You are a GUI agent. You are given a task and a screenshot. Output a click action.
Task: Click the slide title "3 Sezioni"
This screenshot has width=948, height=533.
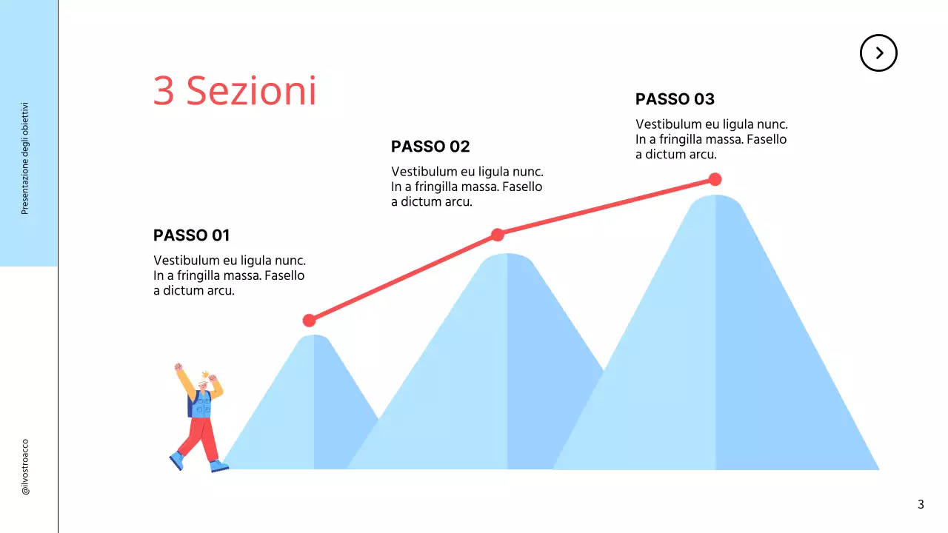coord(235,91)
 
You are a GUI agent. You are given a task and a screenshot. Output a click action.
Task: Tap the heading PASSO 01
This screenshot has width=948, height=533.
coord(191,235)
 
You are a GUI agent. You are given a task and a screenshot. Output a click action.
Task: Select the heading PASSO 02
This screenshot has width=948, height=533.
coord(430,147)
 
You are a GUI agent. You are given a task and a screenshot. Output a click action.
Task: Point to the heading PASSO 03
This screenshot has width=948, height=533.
coord(675,99)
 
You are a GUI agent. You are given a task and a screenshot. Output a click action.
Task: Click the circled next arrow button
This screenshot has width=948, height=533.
coord(878,53)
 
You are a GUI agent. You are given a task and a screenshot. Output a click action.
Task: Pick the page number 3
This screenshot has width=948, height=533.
coord(921,505)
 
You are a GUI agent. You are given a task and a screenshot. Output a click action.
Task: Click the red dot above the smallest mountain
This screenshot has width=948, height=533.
coord(310,321)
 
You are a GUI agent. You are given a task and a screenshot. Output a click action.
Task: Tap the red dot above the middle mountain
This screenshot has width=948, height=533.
coord(498,235)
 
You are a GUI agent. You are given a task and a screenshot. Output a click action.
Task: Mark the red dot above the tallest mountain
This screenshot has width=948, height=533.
coord(715,179)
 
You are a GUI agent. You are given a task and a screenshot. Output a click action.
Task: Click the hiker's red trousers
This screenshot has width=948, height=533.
coord(201,437)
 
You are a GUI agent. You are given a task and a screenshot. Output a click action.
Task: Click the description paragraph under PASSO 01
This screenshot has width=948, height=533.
coord(229,275)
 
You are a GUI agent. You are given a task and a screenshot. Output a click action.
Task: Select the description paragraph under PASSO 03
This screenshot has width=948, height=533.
coord(711,139)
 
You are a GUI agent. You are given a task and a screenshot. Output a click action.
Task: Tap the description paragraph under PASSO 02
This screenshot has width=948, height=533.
coord(467,187)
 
